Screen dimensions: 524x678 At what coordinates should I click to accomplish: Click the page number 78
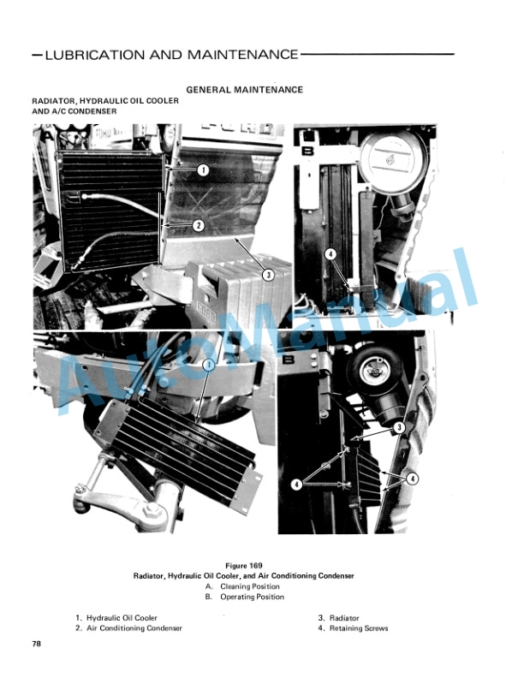coord(36,644)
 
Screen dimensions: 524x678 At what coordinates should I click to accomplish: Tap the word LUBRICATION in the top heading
coord(95,55)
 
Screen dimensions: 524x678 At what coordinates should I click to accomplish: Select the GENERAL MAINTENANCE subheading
coord(244,90)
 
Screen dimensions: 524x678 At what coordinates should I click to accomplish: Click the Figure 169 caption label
coord(244,566)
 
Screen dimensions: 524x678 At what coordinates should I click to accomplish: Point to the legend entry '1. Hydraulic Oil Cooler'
coord(116,618)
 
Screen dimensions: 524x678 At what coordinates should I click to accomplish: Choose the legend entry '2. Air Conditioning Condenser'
coord(128,628)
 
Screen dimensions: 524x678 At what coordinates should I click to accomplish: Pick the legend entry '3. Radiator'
coord(339,618)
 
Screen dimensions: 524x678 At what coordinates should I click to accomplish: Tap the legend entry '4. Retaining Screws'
coord(354,628)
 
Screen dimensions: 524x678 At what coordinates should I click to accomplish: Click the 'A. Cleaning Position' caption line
coord(242,586)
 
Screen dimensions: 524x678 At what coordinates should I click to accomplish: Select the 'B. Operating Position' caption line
coord(245,597)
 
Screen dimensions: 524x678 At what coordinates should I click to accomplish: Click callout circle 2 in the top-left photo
coord(198,225)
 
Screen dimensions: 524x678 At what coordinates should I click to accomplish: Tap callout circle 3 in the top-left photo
coord(268,275)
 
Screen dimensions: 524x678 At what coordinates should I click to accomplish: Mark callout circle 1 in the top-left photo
coord(203,170)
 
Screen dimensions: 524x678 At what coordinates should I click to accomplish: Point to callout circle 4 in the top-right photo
coord(330,254)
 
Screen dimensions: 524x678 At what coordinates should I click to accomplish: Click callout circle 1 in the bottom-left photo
coord(208,366)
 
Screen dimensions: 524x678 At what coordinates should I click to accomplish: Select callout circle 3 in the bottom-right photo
coord(399,428)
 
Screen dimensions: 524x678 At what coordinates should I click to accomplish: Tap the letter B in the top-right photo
coord(308,151)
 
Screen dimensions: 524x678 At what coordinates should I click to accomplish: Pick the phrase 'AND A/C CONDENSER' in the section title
coord(74,111)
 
